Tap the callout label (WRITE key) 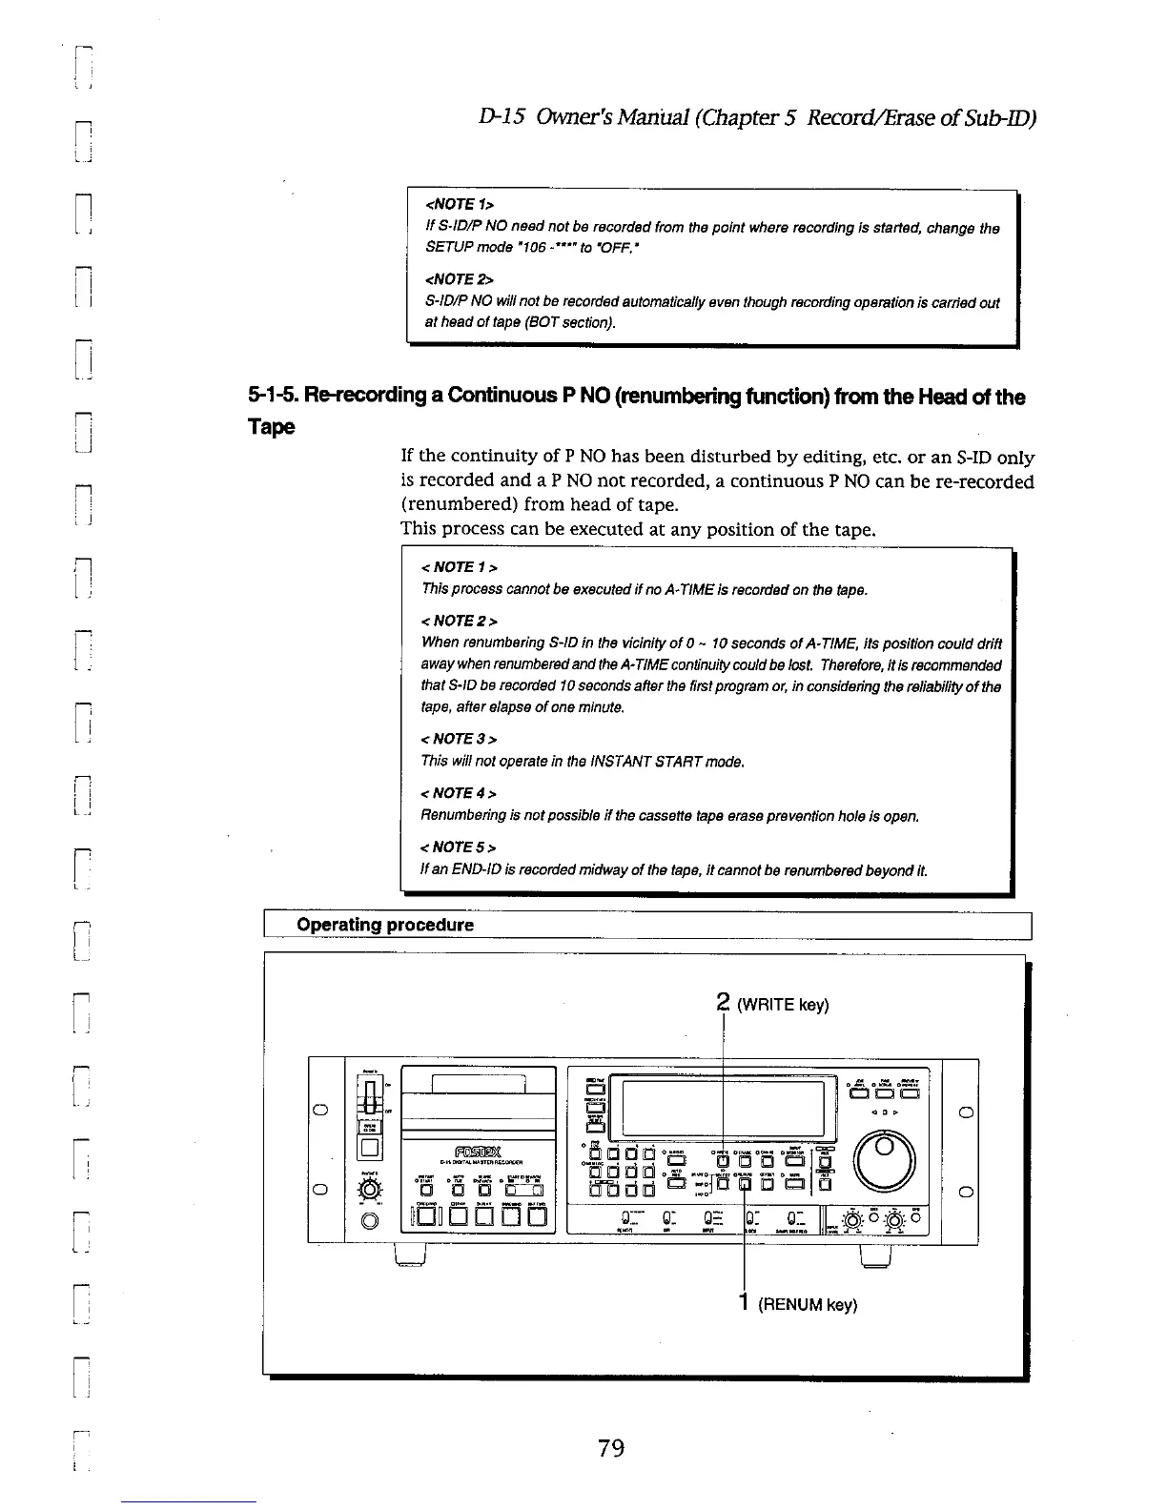(782, 1005)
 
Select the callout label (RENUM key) (807, 1304)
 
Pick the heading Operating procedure (384, 925)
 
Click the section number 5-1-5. (274, 397)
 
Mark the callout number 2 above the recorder (722, 1003)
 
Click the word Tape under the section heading (273, 426)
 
